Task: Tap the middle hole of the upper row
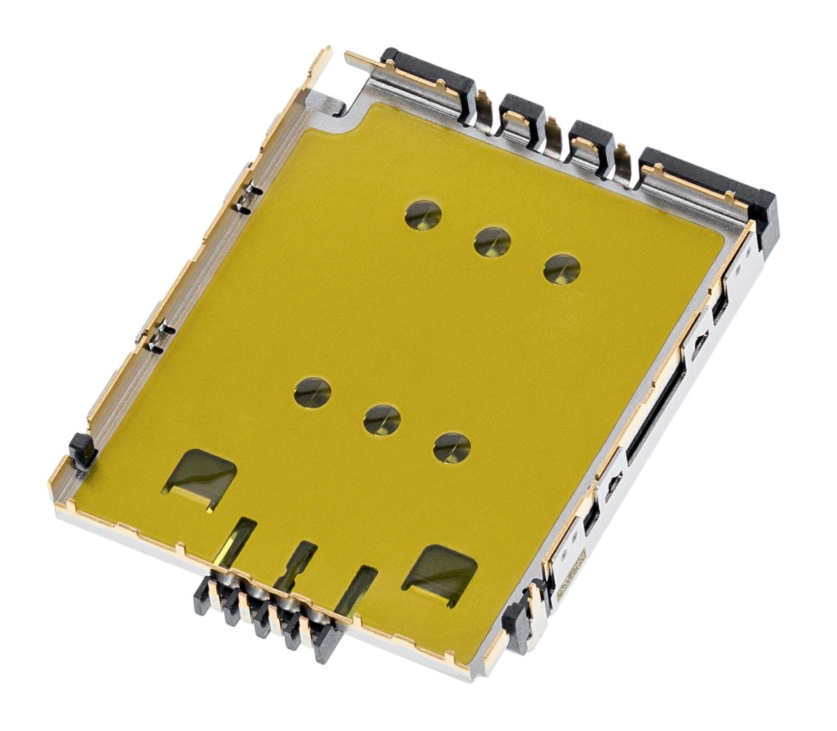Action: [493, 242]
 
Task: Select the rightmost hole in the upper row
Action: [562, 269]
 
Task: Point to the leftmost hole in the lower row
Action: [312, 392]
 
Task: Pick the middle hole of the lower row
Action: [383, 420]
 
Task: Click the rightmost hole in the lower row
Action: [452, 447]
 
